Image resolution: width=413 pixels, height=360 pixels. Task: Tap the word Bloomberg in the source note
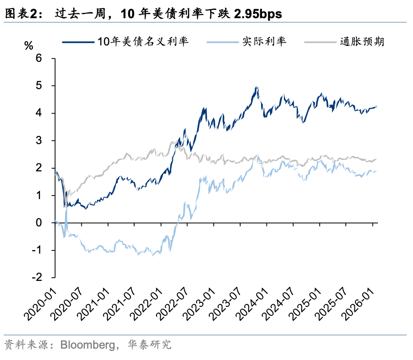pyautogui.click(x=85, y=345)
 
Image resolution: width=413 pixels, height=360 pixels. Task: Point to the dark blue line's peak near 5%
pyautogui.click(x=257, y=87)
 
